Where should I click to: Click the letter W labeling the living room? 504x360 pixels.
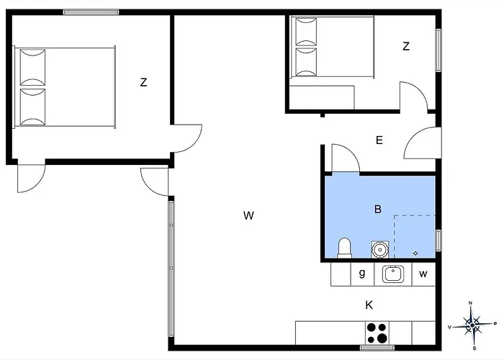coord(248,215)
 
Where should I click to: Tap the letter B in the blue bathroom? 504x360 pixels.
coord(378,210)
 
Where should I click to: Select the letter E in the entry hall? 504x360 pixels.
coord(379,140)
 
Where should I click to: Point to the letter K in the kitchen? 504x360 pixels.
coord(369,305)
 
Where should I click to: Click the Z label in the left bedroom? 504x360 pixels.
coord(143,83)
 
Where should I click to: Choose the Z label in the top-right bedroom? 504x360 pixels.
coord(406,46)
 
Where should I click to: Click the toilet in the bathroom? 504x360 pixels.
coord(344,248)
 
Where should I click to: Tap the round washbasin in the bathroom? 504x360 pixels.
coord(380,249)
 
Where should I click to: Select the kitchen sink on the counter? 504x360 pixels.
coord(393,274)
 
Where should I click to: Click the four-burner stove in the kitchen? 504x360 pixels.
coord(377,333)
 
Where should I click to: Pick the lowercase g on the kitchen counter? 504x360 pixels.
coord(362,274)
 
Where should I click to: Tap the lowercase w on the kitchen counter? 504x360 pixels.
coord(423,274)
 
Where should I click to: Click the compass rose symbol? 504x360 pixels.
coord(472,325)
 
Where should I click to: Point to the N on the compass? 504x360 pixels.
coord(471,303)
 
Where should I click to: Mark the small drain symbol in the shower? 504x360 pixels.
coord(415,253)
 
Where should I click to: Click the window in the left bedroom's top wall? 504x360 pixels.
coord(91,12)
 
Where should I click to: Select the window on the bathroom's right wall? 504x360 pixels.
coord(438,240)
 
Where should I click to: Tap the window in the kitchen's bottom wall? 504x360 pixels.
coord(377,348)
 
